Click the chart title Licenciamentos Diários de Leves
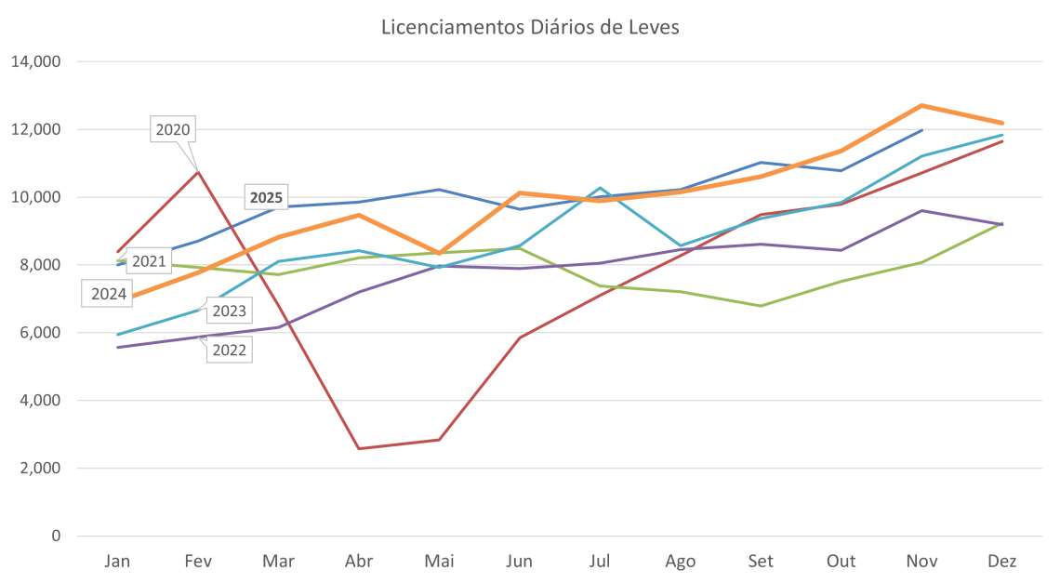pyautogui.click(x=530, y=27)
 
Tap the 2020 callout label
pyautogui.click(x=173, y=130)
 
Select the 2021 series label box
pyautogui.click(x=147, y=261)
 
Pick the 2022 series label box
pyautogui.click(x=228, y=349)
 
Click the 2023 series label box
pyautogui.click(x=228, y=311)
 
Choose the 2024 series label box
pyautogui.click(x=107, y=295)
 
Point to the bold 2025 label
pyautogui.click(x=266, y=197)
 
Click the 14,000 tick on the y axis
pyautogui.click(x=36, y=62)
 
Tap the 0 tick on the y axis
pyautogui.click(x=56, y=537)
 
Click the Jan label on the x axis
pyautogui.click(x=117, y=562)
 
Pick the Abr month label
pyautogui.click(x=359, y=562)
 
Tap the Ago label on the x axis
pyautogui.click(x=681, y=562)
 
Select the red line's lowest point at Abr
pyautogui.click(x=359, y=448)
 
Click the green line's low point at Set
pyautogui.click(x=762, y=305)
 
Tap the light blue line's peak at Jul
pyautogui.click(x=601, y=188)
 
